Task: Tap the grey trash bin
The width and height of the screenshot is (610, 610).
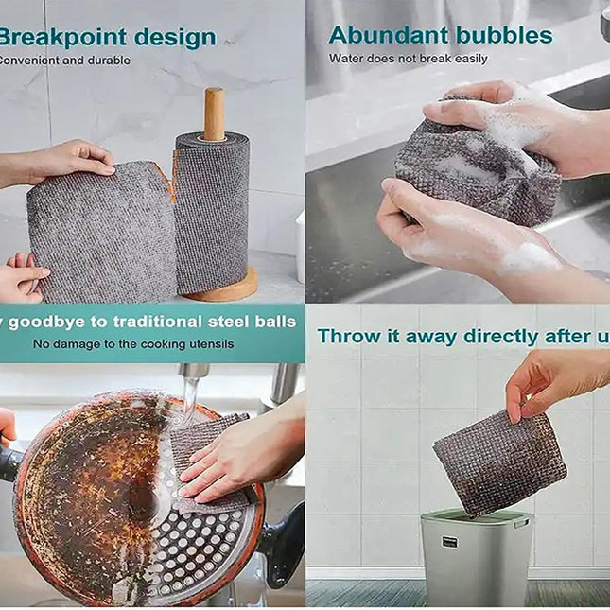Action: [475, 558]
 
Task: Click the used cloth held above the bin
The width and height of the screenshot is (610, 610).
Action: [499, 463]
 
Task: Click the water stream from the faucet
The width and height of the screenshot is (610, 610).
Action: [190, 397]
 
